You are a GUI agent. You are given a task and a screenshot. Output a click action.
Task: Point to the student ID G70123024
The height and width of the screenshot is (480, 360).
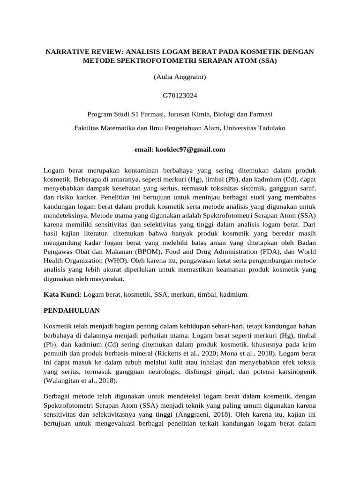[180, 96]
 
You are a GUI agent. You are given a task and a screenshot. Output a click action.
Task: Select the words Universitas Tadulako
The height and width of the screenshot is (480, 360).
[255, 127]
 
